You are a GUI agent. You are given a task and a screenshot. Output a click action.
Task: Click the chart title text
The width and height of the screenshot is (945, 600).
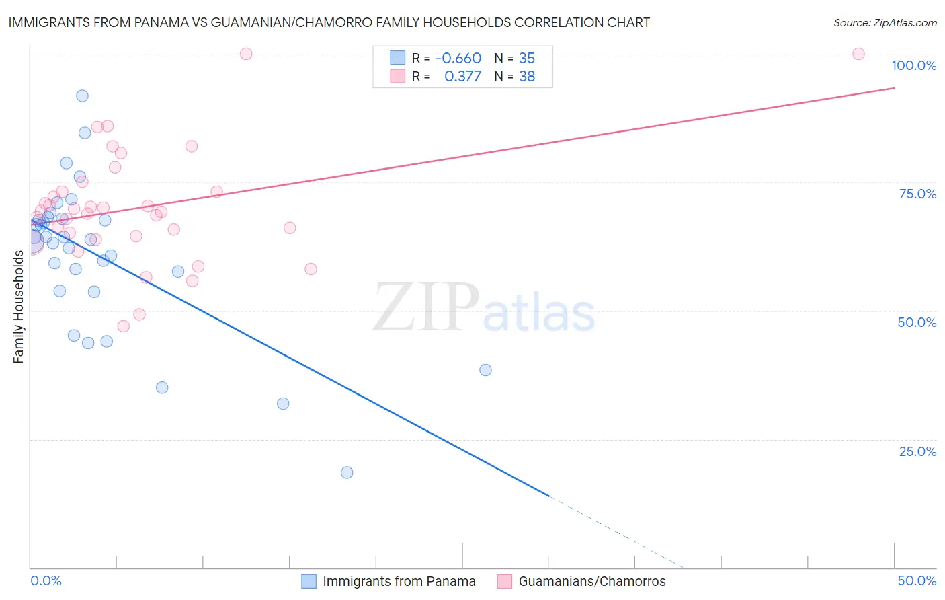pos(329,22)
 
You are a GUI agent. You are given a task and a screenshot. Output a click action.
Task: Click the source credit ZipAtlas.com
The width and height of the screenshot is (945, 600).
pos(885,23)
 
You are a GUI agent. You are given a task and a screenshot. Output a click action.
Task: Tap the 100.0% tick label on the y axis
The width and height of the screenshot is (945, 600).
pos(913,65)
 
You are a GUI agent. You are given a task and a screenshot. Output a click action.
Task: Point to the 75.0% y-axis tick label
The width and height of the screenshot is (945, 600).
pos(917,194)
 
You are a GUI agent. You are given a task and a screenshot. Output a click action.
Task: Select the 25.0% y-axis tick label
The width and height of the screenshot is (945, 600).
pos(917,451)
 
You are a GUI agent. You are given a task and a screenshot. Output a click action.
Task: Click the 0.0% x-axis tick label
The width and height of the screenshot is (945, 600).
pos(46,580)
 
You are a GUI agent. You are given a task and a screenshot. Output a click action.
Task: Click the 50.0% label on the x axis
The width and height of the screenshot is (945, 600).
pos(917,580)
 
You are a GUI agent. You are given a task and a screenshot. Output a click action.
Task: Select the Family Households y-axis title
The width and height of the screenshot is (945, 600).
pos(19,307)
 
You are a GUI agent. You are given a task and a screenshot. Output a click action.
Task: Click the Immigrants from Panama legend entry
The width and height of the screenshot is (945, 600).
pos(399,581)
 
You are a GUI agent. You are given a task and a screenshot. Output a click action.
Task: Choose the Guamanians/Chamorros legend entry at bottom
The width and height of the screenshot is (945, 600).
pos(591,581)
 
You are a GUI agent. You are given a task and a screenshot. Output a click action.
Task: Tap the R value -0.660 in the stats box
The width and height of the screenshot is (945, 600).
pos(458,58)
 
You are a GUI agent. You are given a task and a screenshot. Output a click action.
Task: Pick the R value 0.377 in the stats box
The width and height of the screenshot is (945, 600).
pos(462,77)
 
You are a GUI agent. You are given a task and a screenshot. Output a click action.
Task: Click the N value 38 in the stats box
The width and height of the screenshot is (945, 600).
pos(527,77)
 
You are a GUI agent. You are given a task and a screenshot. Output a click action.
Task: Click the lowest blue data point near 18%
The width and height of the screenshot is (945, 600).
pos(347,472)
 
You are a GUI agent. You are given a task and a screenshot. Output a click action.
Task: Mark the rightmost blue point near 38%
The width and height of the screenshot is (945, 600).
pos(485,370)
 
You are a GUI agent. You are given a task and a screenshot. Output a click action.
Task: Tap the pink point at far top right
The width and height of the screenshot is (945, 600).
pos(858,54)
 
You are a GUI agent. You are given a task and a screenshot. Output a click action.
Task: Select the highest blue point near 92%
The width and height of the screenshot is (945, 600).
pos(82,96)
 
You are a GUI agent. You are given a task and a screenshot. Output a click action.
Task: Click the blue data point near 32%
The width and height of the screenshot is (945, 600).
pos(283,404)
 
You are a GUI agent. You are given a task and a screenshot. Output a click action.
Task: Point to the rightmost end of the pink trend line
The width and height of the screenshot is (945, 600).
pos(894,88)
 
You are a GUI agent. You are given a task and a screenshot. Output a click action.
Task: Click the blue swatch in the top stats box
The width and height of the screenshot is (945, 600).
pos(398,58)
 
